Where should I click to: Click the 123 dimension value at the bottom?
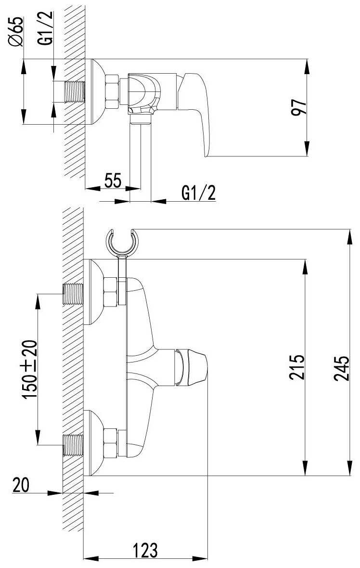145,549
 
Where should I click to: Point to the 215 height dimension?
297,367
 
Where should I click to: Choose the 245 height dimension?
341,367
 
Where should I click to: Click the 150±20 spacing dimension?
30,369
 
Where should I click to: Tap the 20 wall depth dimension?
20,485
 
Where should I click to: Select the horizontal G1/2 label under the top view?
198,193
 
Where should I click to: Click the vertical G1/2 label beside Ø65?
46,31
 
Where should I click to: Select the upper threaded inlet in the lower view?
73,294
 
